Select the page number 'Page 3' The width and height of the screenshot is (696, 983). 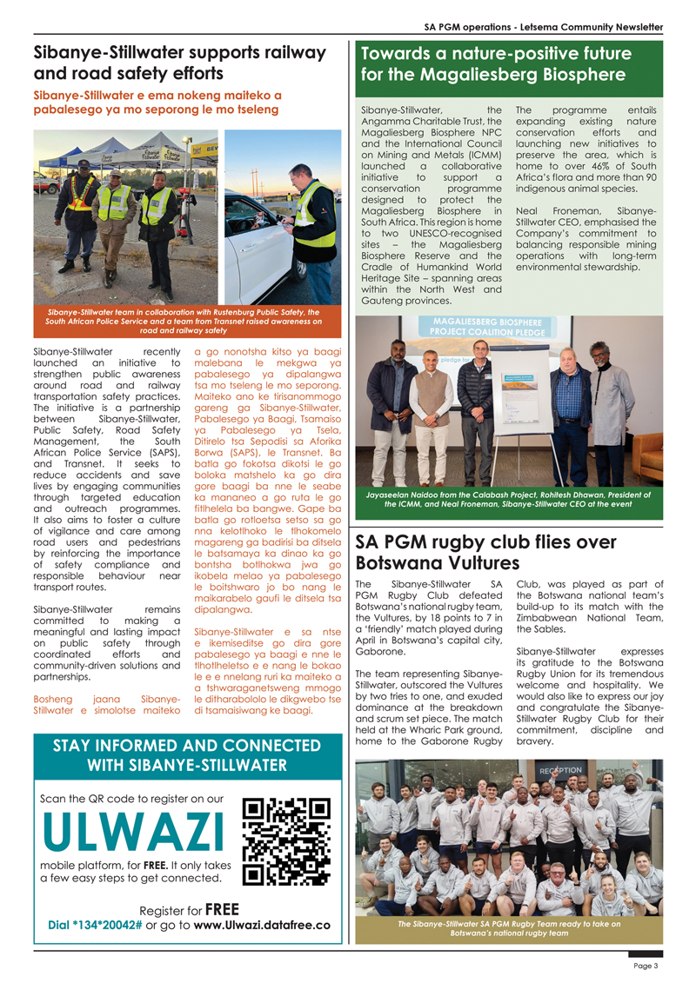(x=645, y=966)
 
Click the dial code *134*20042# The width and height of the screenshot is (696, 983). (x=95, y=925)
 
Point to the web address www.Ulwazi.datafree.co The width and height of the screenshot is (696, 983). (x=261, y=925)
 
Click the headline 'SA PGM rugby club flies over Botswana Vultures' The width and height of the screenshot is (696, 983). (x=486, y=552)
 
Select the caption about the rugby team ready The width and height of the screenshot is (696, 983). (x=508, y=928)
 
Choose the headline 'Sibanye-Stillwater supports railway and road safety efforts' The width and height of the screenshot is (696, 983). (x=178, y=62)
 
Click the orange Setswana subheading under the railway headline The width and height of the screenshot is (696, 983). (x=157, y=103)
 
